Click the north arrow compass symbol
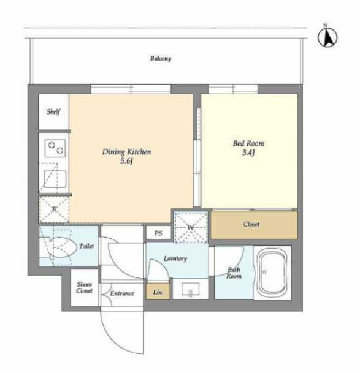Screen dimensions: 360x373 click(x=327, y=37)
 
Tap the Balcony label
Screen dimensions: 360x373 click(x=161, y=59)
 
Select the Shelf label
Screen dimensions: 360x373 click(x=53, y=111)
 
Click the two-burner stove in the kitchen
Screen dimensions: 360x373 click(x=55, y=148)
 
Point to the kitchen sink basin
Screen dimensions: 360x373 click(x=55, y=179)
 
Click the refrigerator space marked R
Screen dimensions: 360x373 click(x=54, y=209)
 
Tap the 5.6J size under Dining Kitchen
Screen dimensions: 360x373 click(x=126, y=161)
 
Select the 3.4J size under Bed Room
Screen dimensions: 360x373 click(x=248, y=153)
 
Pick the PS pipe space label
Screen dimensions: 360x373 click(x=158, y=233)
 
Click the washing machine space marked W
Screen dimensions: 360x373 click(x=191, y=227)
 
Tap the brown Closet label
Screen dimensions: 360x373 click(x=251, y=224)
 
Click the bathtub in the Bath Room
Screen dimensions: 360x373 click(x=272, y=273)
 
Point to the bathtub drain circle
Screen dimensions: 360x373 click(x=264, y=272)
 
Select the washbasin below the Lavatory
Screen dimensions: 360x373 click(x=190, y=289)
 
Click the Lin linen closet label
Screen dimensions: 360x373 click(x=158, y=292)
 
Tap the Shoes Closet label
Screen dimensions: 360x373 click(x=85, y=287)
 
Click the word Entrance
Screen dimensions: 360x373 click(x=122, y=293)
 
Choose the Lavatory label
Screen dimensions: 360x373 click(x=175, y=258)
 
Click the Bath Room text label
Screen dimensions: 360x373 click(x=234, y=273)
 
